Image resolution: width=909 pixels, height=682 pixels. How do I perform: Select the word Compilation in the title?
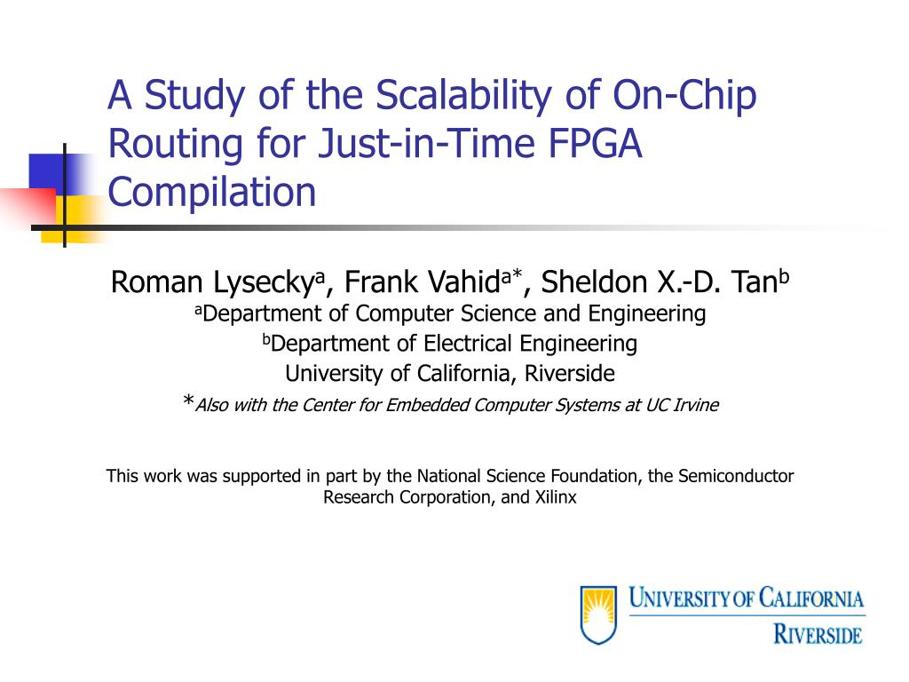pos(211,192)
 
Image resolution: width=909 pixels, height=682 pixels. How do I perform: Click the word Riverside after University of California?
pos(569,374)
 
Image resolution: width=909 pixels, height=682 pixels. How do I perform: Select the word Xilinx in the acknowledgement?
pos(556,498)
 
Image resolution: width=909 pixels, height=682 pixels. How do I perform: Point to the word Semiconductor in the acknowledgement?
pos(736,477)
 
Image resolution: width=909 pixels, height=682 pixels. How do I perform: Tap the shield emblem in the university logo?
pos(598,613)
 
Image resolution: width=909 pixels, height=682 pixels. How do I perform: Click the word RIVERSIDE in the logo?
pos(817,634)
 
